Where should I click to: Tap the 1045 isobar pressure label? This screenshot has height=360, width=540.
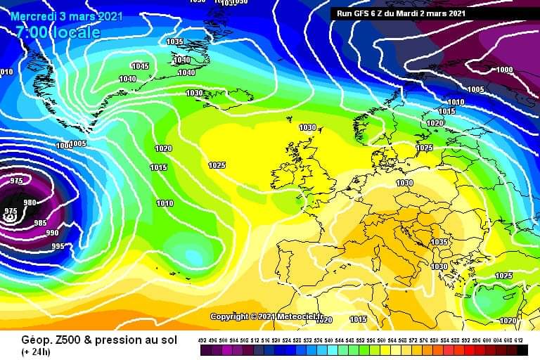(140, 66)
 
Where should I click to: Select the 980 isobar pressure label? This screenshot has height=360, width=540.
(30, 202)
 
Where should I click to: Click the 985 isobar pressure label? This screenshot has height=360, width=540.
(41, 223)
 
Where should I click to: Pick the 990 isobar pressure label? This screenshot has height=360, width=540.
(52, 233)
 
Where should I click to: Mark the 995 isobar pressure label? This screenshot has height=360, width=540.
(58, 246)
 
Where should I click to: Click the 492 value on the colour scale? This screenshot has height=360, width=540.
(203, 340)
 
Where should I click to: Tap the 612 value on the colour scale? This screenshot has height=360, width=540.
(520, 340)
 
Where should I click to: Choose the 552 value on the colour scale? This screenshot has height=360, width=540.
(361, 340)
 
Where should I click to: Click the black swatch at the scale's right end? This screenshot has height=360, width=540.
(522, 349)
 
